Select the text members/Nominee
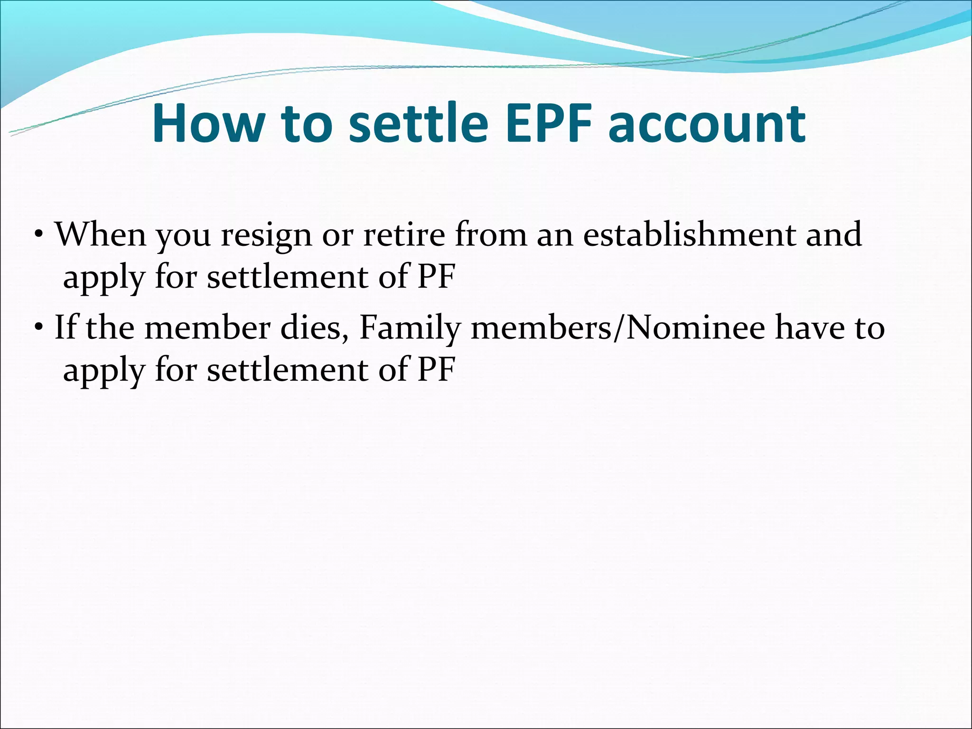click(x=617, y=327)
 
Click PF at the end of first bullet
click(x=436, y=276)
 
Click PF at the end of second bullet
click(x=436, y=369)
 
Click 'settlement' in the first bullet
click(x=288, y=276)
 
